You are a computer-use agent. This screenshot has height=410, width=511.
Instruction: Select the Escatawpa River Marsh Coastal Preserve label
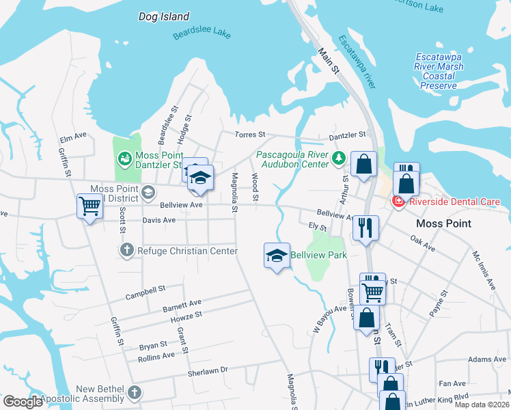[439, 72]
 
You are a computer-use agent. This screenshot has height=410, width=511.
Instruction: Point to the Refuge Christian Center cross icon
[126, 251]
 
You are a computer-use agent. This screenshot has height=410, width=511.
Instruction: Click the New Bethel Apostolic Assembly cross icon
[135, 393]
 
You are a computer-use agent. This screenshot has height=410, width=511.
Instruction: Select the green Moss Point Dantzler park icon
[125, 160]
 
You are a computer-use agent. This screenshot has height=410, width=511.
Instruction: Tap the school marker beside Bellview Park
[277, 256]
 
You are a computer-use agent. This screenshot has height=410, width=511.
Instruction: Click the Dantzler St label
[348, 135]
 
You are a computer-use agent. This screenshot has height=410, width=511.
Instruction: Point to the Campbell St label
[146, 293]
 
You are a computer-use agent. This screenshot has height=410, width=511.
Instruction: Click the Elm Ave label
[73, 136]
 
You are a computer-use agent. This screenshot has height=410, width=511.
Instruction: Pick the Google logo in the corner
[23, 402]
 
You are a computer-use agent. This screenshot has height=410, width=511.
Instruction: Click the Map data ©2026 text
[481, 405]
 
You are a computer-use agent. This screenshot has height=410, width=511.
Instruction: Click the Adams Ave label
[487, 359]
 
